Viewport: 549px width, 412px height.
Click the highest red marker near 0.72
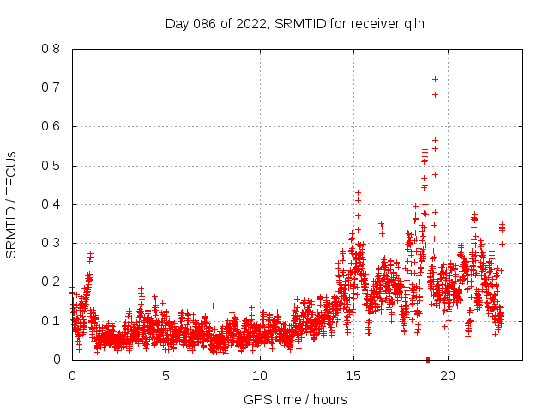coord(435,79)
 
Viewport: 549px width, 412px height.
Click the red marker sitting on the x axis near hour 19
coord(428,359)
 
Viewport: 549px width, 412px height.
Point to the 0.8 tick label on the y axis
coord(52,49)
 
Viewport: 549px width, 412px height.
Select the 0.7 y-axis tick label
coord(52,88)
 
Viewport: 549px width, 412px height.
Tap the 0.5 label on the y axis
coord(52,166)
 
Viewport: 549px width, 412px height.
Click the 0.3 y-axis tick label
coord(52,243)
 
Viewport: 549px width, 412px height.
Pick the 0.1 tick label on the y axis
coord(52,321)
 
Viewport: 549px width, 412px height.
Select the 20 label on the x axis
coord(447,375)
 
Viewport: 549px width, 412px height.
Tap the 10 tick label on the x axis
coord(259,375)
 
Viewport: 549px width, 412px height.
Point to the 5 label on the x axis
coord(166,375)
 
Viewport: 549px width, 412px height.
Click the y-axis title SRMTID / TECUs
coord(12,204)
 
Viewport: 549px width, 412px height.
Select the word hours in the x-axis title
coord(329,399)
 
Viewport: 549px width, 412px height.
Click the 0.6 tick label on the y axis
coord(52,126)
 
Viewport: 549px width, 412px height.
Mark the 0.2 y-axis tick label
coord(52,282)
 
